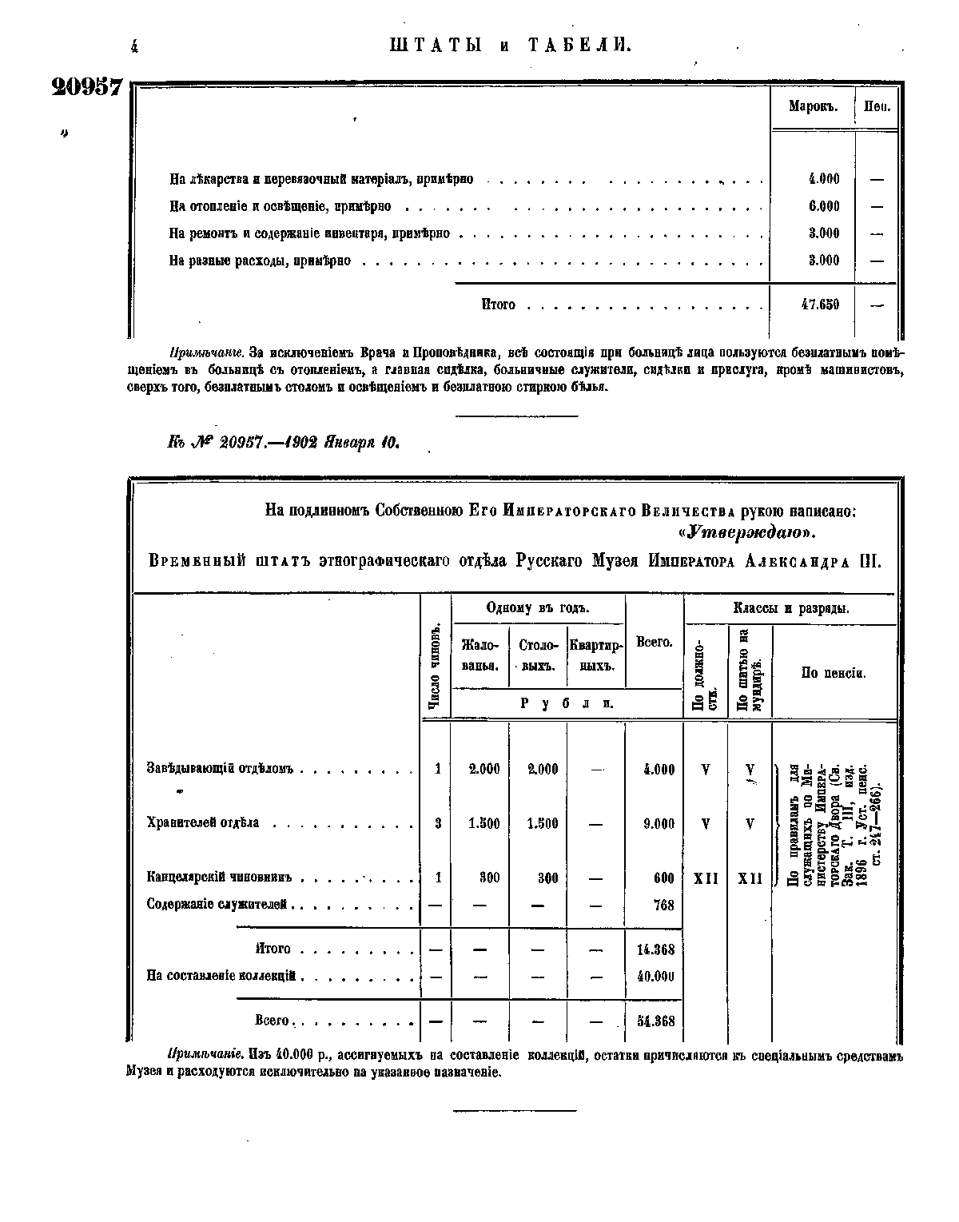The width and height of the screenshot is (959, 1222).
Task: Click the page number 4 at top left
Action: (x=133, y=46)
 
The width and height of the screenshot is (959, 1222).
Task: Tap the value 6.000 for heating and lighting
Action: (x=824, y=206)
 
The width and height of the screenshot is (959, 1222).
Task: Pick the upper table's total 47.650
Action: (x=820, y=305)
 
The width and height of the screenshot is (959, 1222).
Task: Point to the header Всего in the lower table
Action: (x=654, y=642)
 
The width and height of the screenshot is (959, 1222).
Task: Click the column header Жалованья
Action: (x=480, y=655)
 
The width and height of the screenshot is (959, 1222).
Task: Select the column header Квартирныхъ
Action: (x=595, y=655)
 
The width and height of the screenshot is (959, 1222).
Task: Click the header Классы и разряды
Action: (x=790, y=609)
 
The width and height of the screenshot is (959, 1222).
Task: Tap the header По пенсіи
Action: (x=834, y=673)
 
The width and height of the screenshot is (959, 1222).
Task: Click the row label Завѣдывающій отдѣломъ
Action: (x=221, y=769)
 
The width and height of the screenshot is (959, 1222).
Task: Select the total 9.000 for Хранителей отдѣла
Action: (x=659, y=823)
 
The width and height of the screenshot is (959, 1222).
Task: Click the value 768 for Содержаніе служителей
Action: (x=663, y=906)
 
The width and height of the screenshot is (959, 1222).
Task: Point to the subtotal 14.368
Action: (x=656, y=949)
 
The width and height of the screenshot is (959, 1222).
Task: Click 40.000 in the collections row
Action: (x=656, y=976)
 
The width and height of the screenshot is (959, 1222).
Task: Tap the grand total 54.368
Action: (x=656, y=1021)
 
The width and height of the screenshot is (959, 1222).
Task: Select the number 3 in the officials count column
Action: (x=438, y=823)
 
